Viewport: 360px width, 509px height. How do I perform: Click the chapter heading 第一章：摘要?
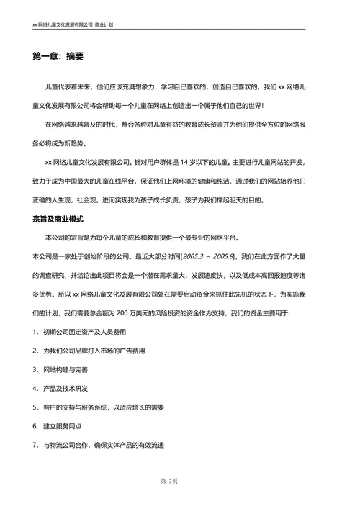click(x=58, y=56)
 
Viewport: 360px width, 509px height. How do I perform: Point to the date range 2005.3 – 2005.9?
click(x=209, y=256)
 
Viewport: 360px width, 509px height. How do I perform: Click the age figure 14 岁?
click(x=189, y=162)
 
